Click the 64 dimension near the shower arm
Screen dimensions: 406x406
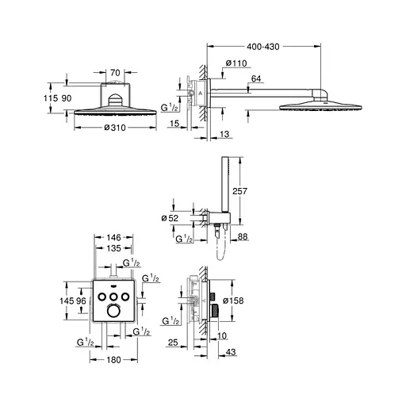(257, 78)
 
